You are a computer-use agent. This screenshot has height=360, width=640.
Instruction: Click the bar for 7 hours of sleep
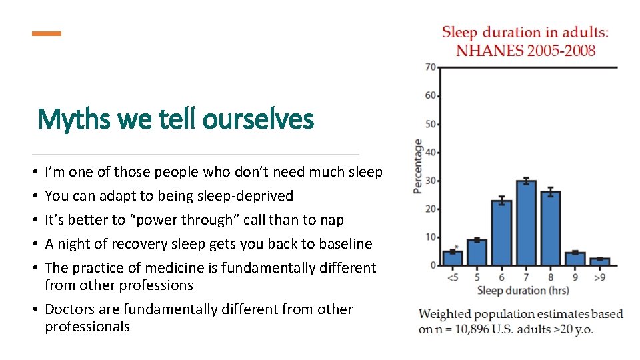pyautogui.click(x=527, y=223)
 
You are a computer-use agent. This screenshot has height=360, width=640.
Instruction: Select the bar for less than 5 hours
pyautogui.click(x=453, y=258)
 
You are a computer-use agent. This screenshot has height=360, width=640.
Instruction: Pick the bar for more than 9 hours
pyautogui.click(x=600, y=262)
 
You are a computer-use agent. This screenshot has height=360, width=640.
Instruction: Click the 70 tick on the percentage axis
pyautogui.click(x=430, y=67)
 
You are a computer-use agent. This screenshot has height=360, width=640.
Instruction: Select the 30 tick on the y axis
pyautogui.click(x=430, y=181)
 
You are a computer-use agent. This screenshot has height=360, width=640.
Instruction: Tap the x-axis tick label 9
pyautogui.click(x=575, y=277)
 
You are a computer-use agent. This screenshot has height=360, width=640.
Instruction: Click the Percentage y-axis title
pyautogui.click(x=418, y=166)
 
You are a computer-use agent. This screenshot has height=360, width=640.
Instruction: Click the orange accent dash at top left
pyautogui.click(x=47, y=33)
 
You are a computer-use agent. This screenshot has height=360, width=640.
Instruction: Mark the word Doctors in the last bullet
pyautogui.click(x=71, y=309)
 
